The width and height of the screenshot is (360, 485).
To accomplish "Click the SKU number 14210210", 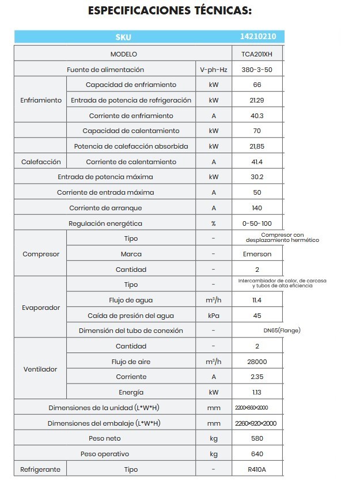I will [257, 36].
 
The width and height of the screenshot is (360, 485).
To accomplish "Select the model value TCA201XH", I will [257, 54].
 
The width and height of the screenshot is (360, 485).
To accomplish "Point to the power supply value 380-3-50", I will [257, 70].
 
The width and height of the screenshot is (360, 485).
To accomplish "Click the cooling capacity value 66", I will [257, 85].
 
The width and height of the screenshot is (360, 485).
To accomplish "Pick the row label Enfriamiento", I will [41, 100].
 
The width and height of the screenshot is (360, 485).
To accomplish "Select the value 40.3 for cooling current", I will [257, 116].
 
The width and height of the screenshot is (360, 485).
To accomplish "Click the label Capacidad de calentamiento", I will [131, 131].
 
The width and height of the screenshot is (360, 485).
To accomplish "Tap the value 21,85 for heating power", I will [257, 146].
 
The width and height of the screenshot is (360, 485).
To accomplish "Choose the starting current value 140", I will [257, 208].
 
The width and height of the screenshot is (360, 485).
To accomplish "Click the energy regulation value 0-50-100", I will [257, 223].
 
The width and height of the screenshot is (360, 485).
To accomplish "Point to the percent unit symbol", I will [213, 223].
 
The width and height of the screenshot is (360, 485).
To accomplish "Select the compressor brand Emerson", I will [257, 254].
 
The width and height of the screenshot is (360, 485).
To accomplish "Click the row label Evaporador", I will [41, 308].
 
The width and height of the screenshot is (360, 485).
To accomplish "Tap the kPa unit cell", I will [213, 316].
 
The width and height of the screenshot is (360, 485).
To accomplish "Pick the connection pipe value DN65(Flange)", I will [281, 331].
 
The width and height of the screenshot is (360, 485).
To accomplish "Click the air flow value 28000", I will [257, 362].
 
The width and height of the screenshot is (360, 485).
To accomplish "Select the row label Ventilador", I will [41, 369].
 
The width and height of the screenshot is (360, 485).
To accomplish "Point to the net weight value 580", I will [257, 439].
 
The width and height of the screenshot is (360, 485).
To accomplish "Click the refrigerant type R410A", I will [257, 469].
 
